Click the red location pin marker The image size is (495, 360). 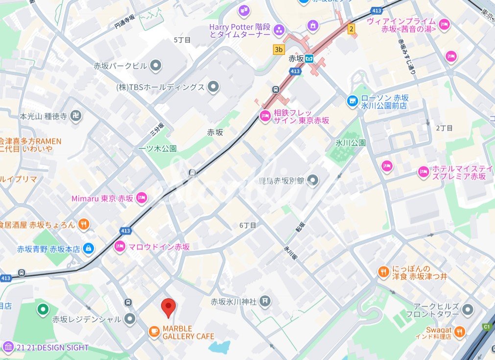click(x=168, y=308)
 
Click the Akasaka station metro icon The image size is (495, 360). click(x=309, y=59)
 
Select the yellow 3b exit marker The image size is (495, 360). click(x=279, y=49)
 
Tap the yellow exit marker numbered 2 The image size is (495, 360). click(x=351, y=29)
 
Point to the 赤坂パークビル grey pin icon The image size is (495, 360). click(x=156, y=65)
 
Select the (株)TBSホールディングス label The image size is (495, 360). click(x=160, y=87)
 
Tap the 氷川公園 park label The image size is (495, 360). click(x=350, y=143)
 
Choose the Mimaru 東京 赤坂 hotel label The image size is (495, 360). click(x=102, y=198)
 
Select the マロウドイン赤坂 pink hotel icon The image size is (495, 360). click(x=119, y=246)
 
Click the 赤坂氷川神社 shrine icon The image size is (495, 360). click(x=265, y=301)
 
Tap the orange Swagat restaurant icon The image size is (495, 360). click(x=459, y=333)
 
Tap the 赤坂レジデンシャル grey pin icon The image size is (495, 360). click(x=130, y=319)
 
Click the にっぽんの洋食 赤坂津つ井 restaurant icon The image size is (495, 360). click(x=383, y=272)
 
